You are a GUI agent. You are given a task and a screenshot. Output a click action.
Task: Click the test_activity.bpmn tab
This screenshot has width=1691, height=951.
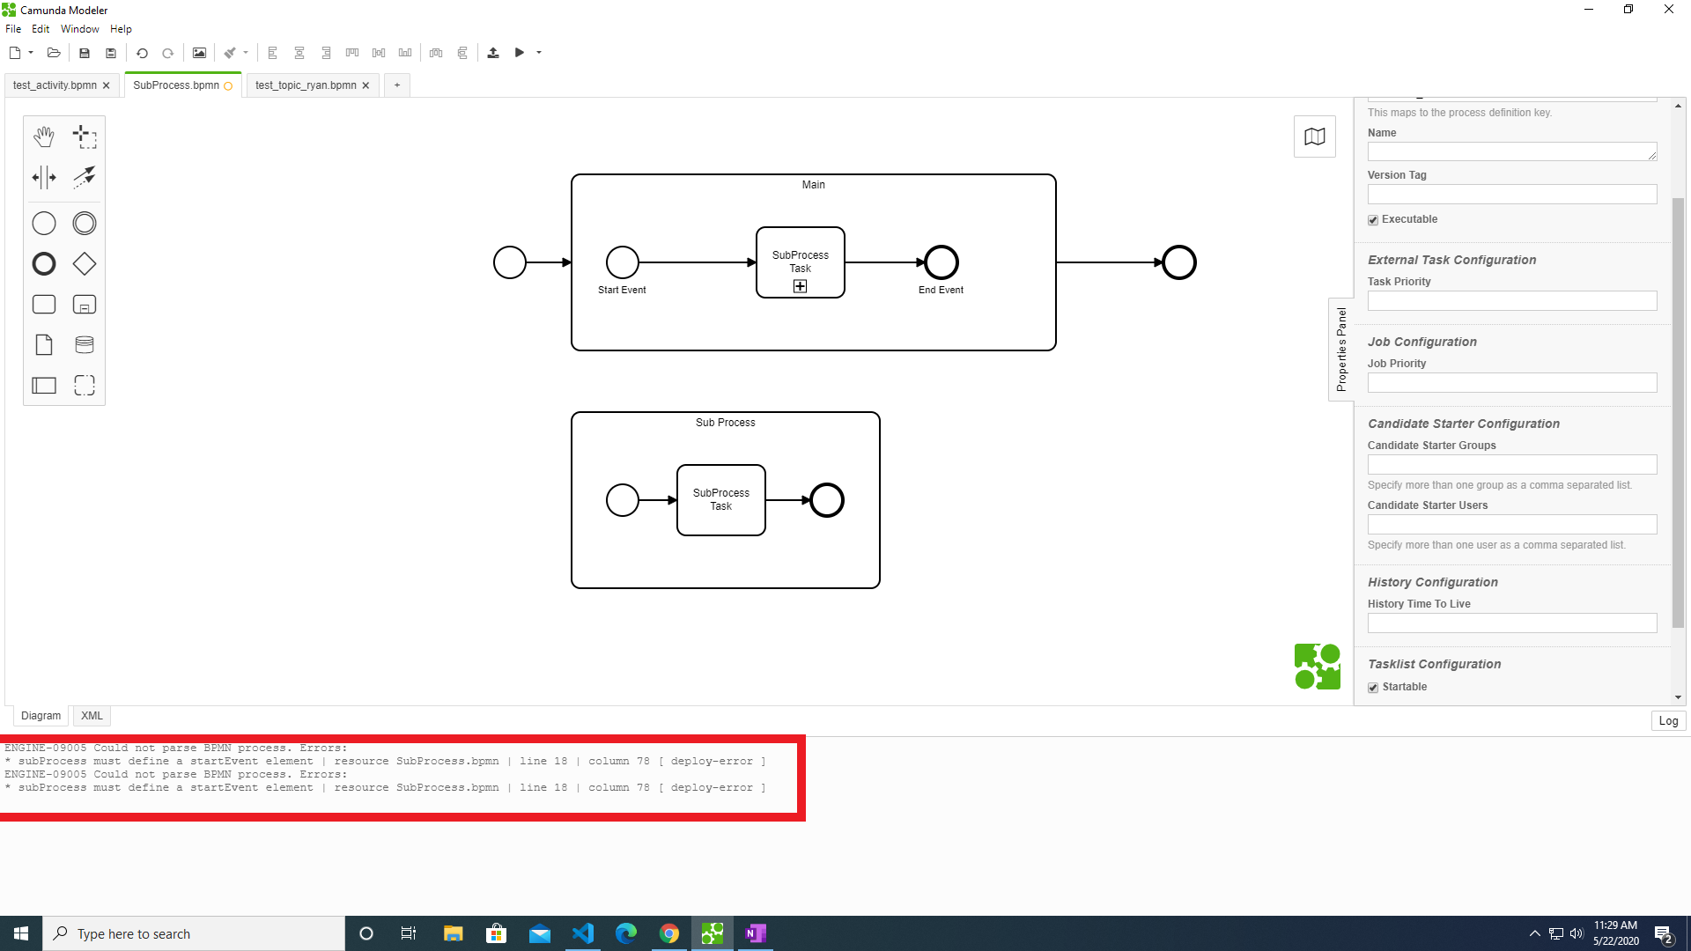(55, 85)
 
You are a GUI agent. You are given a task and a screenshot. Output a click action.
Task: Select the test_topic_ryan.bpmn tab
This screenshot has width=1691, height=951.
(306, 85)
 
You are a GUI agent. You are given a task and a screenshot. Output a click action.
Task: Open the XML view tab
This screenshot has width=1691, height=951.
(92, 716)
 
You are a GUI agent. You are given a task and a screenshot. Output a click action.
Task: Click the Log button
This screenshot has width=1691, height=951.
(1668, 720)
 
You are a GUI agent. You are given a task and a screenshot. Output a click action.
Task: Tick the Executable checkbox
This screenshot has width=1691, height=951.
(1373, 220)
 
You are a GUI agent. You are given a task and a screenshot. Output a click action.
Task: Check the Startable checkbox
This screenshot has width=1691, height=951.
(1373, 688)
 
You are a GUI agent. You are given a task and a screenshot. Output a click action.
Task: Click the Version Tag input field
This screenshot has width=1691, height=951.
(1512, 194)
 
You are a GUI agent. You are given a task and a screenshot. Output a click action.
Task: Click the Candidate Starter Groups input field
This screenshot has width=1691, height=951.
(1512, 464)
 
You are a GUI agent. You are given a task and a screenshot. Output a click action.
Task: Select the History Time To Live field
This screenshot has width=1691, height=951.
(1512, 623)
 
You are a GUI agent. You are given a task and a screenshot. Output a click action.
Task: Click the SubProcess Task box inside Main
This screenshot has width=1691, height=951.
(801, 262)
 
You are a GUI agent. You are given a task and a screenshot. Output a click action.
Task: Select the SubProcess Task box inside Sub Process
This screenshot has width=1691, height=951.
(721, 499)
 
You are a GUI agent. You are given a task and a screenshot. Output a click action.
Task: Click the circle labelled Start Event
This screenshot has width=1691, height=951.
(623, 262)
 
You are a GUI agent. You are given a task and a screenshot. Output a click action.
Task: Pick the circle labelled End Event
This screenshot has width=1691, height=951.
(941, 262)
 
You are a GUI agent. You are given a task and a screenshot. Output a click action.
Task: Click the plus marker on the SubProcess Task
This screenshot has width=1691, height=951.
(800, 286)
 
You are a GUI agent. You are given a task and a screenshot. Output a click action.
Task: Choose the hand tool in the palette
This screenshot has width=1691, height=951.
(44, 136)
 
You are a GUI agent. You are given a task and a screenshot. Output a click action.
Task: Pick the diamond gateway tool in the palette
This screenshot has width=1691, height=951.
(85, 264)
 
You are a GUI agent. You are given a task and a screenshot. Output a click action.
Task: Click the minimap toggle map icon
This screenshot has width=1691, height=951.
(1315, 136)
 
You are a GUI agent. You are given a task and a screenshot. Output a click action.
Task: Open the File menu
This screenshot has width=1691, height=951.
(13, 29)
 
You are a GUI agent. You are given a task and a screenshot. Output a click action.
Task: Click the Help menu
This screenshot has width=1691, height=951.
(121, 29)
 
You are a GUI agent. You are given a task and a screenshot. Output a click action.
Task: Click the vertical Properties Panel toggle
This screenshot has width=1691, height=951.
(1341, 350)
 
